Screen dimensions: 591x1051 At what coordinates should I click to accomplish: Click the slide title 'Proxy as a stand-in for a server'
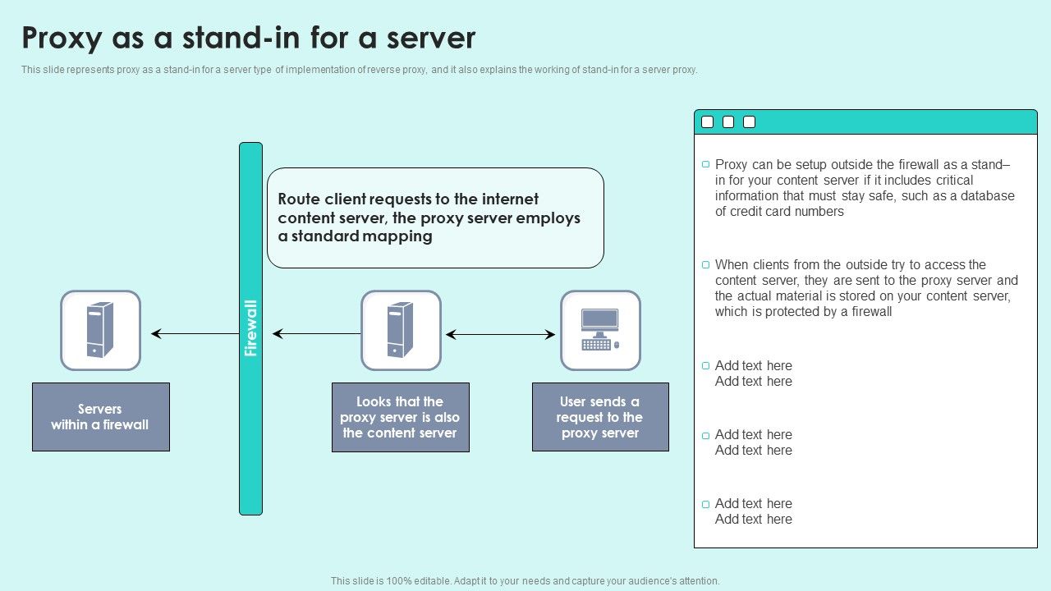pyautogui.click(x=248, y=39)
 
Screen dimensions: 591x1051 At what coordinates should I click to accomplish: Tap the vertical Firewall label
pyautogui.click(x=251, y=328)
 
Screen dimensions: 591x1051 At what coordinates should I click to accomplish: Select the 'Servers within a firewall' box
pyautogui.click(x=101, y=417)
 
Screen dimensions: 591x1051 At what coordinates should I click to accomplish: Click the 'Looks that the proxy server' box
pyautogui.click(x=400, y=417)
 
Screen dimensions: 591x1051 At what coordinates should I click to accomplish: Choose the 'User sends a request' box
pyautogui.click(x=600, y=417)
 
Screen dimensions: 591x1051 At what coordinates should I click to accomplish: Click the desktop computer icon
pyautogui.click(x=600, y=330)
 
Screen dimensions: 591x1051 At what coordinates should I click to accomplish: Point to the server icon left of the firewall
pyautogui.click(x=100, y=330)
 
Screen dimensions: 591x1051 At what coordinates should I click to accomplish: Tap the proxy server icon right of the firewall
pyautogui.click(x=401, y=330)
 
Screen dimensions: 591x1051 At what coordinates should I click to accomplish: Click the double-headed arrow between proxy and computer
pyautogui.click(x=500, y=334)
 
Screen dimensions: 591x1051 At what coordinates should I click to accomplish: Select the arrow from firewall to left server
pyautogui.click(x=195, y=334)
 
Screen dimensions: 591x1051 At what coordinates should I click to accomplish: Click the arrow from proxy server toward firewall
pyautogui.click(x=316, y=334)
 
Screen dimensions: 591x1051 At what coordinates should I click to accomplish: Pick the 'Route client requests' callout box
pyautogui.click(x=435, y=218)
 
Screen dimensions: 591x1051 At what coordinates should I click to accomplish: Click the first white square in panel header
pyautogui.click(x=707, y=122)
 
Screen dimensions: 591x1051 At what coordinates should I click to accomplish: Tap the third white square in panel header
pyautogui.click(x=749, y=122)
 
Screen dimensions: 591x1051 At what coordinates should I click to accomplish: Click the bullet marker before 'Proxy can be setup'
pyautogui.click(x=705, y=165)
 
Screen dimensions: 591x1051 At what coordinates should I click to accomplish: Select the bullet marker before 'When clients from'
pyautogui.click(x=705, y=265)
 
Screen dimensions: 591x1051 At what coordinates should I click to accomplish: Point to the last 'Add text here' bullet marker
pyautogui.click(x=705, y=504)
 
